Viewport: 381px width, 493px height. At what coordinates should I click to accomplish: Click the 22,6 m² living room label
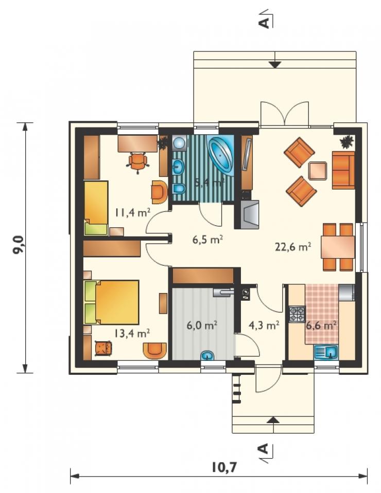tap(293, 247)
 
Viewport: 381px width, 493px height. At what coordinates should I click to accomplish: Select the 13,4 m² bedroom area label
tap(132, 333)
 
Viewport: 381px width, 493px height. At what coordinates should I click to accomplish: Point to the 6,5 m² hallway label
tap(208, 240)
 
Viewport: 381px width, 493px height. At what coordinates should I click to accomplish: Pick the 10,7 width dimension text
tap(224, 467)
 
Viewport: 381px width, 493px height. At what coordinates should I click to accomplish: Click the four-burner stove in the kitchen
tap(297, 314)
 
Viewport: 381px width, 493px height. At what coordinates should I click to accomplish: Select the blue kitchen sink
tap(326, 352)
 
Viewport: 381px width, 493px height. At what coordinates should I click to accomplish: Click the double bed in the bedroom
tap(112, 302)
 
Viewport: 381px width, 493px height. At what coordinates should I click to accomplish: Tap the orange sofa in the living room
tap(343, 170)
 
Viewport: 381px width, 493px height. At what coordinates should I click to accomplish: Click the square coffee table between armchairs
tap(318, 171)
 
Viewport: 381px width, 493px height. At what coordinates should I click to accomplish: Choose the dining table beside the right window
tap(338, 247)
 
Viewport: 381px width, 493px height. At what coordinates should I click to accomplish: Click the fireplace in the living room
tap(247, 214)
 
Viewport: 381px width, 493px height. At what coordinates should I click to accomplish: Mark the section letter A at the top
tap(265, 22)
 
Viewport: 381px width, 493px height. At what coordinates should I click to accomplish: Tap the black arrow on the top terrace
tap(275, 65)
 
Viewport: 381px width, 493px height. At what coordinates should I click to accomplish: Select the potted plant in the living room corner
tap(347, 142)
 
